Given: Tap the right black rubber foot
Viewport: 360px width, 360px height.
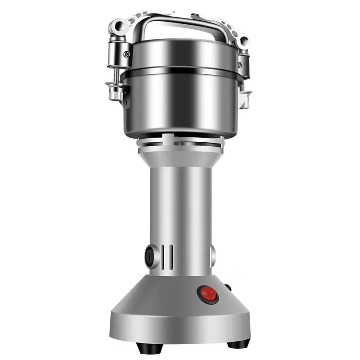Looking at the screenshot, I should point(238,345).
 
